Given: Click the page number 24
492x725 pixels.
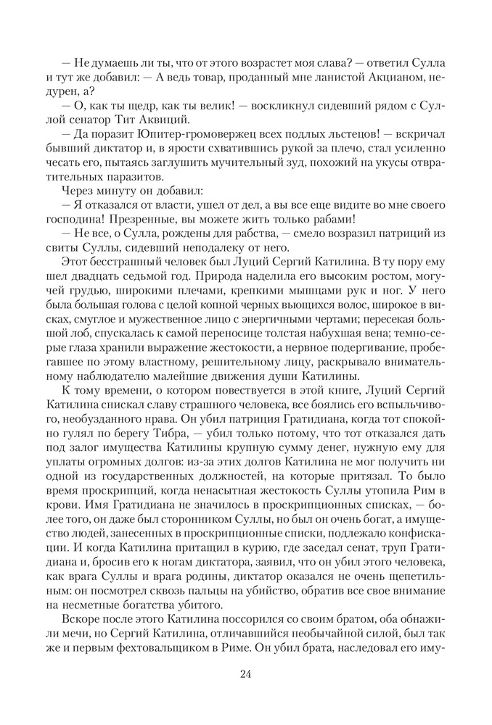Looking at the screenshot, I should (245, 674).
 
